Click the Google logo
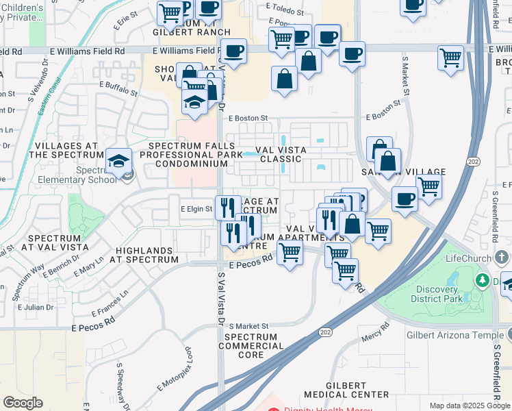tap(23, 403)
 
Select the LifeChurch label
tap(468, 258)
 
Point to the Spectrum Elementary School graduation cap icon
tap(118, 161)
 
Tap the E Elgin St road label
tap(196, 209)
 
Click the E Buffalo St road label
tap(119, 86)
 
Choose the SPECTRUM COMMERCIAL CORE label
tap(251, 346)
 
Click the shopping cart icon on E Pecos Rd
tap(290, 252)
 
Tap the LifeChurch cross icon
tap(502, 258)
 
